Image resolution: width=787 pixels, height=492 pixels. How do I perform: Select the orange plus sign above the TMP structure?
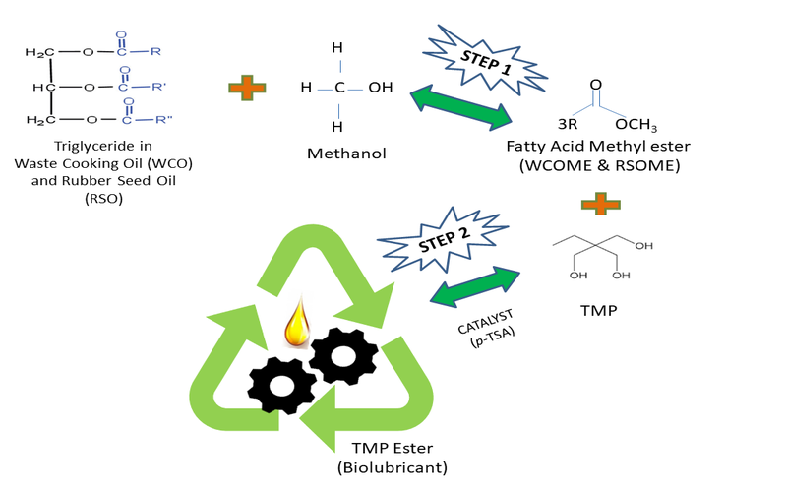click(x=594, y=204)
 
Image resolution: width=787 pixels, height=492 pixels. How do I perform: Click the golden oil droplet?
click(x=294, y=325)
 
